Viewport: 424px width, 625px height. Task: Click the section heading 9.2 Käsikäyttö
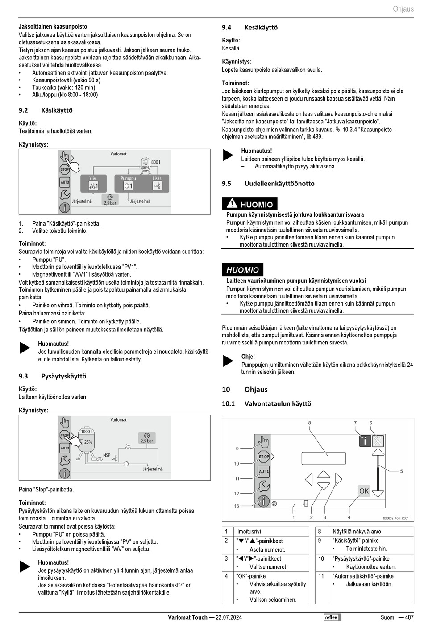(46, 110)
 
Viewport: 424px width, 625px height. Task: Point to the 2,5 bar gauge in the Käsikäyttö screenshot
(110, 200)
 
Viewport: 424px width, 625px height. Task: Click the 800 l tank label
(155, 162)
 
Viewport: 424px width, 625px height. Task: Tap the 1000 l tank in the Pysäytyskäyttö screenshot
(86, 438)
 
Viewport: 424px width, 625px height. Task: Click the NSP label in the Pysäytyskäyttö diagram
(107, 455)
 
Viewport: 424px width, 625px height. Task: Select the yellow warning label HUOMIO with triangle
(249, 204)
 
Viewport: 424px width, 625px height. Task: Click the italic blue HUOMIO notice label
(242, 270)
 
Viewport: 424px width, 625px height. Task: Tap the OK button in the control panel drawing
(364, 491)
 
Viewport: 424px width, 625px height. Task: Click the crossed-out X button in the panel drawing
(378, 441)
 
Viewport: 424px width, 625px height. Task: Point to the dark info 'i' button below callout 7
(365, 441)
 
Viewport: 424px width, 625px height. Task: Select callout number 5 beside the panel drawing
(401, 471)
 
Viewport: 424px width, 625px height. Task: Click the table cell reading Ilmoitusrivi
(249, 532)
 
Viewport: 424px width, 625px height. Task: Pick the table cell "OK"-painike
(251, 576)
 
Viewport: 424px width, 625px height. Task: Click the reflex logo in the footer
(332, 617)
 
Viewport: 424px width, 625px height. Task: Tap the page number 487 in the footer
(409, 617)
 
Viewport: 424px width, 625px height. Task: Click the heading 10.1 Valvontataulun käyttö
(266, 403)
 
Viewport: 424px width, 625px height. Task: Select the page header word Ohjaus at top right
(403, 9)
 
